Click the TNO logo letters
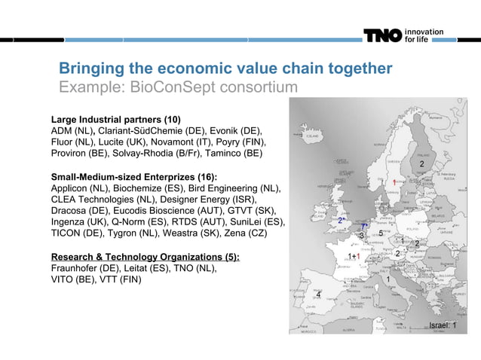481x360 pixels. (x=384, y=35)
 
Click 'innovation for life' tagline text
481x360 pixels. (x=424, y=35)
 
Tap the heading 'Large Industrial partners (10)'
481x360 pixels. (x=115, y=120)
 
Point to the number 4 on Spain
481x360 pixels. (x=319, y=294)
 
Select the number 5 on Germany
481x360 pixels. (x=381, y=234)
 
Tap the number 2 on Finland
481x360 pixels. (x=421, y=164)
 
